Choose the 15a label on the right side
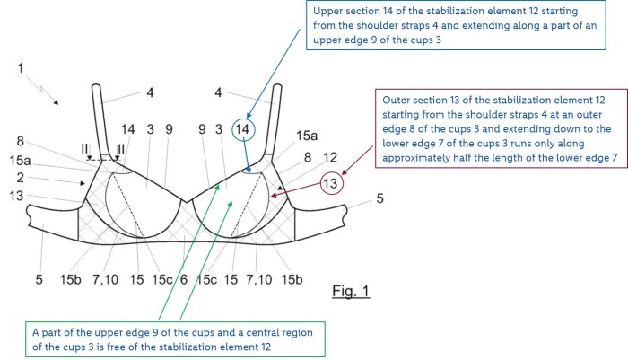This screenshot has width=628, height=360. click(306, 136)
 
